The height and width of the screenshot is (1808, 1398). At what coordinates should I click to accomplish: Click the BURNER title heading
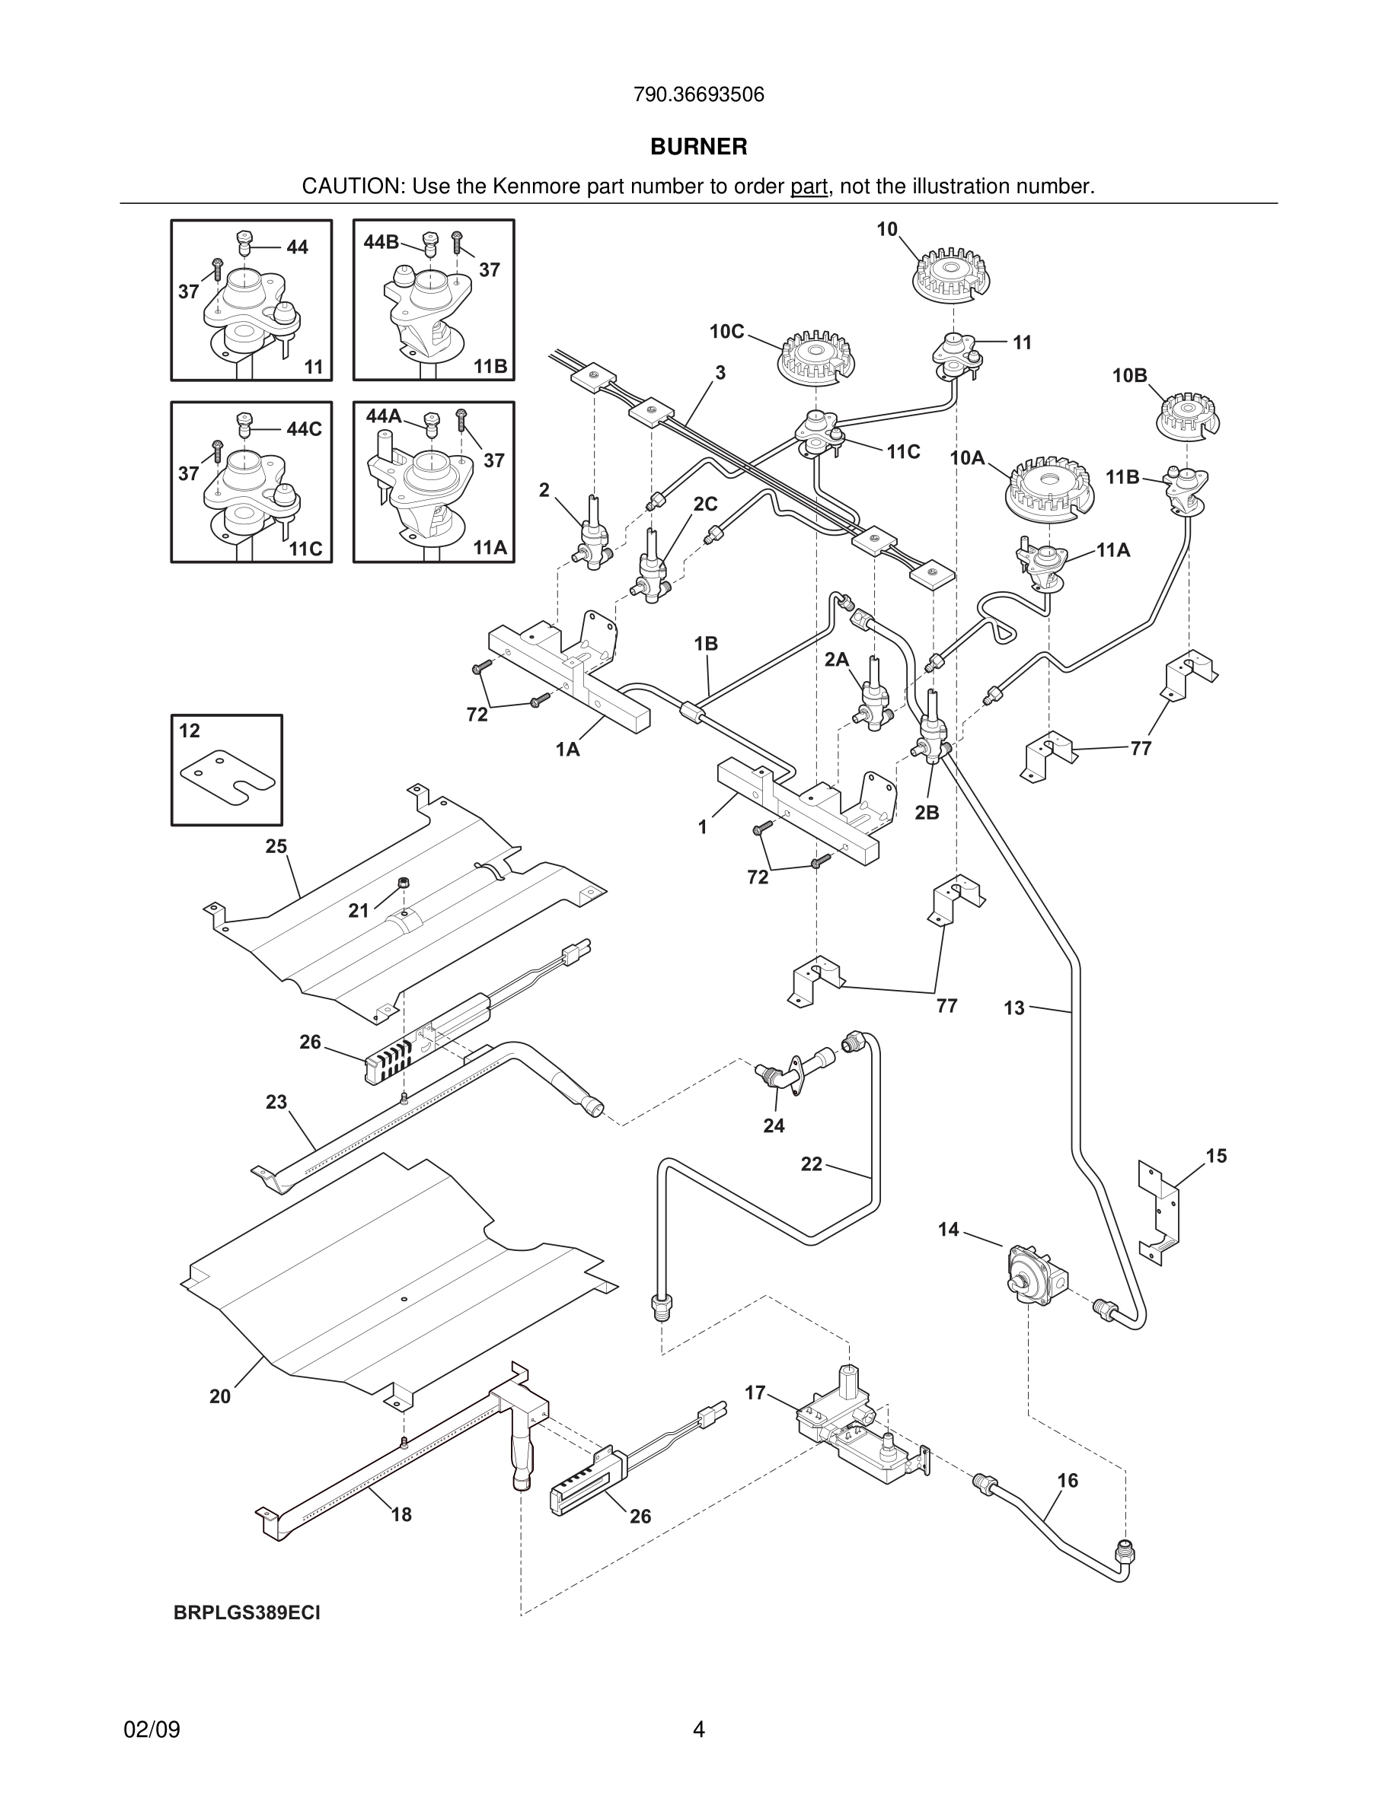click(698, 147)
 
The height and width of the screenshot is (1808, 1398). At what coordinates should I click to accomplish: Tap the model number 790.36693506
click(698, 94)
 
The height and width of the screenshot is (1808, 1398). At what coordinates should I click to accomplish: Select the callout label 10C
click(726, 332)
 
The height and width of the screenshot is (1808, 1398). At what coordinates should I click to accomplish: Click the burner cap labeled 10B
click(1188, 415)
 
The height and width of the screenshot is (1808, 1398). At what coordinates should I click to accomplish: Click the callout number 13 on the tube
click(1013, 1008)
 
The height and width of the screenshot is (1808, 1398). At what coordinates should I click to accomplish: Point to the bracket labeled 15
click(1159, 1213)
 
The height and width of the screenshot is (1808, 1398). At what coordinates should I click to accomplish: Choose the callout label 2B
click(927, 813)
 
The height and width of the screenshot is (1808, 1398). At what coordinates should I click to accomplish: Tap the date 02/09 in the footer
click(152, 1730)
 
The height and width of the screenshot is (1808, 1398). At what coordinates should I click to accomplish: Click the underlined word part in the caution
click(809, 187)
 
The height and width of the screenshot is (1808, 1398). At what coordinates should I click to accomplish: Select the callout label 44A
click(384, 416)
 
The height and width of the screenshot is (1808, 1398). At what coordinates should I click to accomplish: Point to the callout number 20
click(219, 1396)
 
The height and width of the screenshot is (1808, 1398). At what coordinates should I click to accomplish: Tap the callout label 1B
click(706, 643)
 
